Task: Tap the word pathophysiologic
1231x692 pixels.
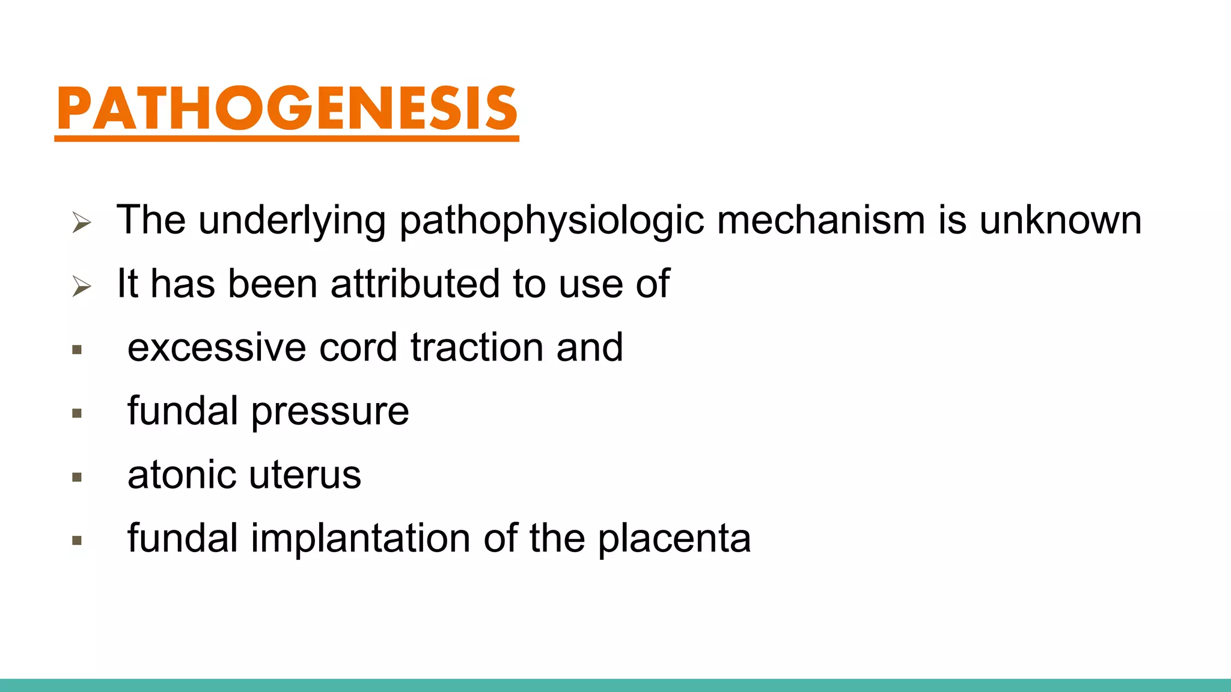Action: (x=551, y=221)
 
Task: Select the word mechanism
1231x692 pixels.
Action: (x=820, y=220)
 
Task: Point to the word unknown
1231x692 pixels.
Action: (x=1060, y=220)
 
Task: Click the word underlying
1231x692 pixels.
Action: (x=292, y=221)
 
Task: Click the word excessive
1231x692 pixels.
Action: (x=216, y=347)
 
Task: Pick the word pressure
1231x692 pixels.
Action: (x=330, y=412)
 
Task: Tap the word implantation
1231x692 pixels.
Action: (x=361, y=539)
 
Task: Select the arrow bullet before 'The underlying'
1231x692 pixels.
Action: (x=81, y=223)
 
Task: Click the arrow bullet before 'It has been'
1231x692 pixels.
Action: (x=81, y=287)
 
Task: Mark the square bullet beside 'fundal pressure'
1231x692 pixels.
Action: (x=77, y=413)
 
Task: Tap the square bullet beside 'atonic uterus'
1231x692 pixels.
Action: (x=77, y=478)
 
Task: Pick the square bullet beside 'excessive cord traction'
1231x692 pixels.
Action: (x=77, y=350)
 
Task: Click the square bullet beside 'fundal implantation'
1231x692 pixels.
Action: (x=77, y=541)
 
